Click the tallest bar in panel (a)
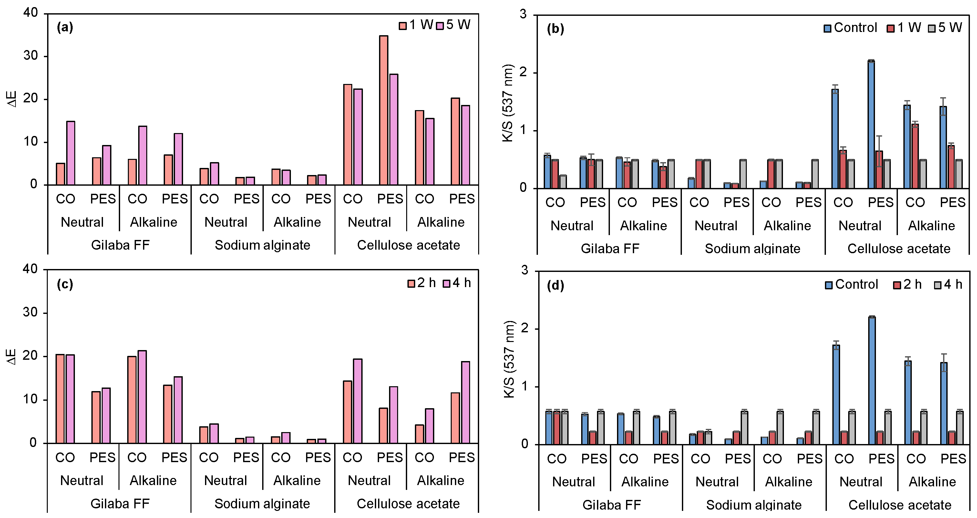point(384,110)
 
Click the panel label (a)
point(65,27)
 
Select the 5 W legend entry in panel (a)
point(454,25)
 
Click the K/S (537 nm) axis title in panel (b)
point(508,103)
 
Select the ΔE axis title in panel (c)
point(12,357)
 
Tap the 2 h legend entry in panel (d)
point(908,284)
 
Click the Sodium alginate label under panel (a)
point(262,245)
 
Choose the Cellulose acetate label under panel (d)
point(900,505)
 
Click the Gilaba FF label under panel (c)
point(120,503)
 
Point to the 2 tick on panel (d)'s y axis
point(525,329)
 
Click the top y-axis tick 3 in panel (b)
point(523,15)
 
